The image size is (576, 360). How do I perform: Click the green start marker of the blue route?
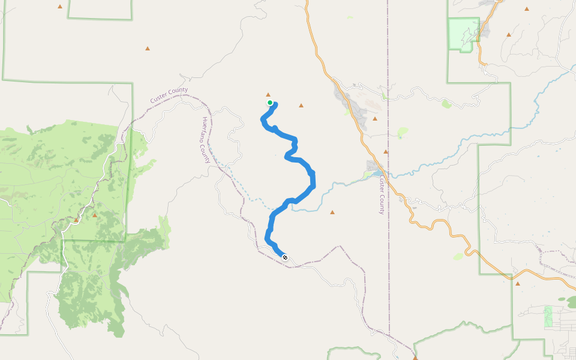click(x=270, y=103)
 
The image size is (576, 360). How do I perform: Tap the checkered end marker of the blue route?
click(x=285, y=257)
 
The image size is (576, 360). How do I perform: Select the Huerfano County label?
click(x=206, y=140)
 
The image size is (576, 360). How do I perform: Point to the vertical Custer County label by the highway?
click(x=381, y=195)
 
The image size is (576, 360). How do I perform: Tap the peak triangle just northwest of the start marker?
click(x=268, y=94)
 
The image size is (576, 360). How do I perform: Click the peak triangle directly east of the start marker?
click(x=301, y=106)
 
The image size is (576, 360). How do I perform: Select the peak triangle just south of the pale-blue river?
click(x=332, y=212)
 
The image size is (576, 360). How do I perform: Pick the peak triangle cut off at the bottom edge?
click(x=415, y=358)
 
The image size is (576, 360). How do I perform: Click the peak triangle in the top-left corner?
click(x=60, y=7)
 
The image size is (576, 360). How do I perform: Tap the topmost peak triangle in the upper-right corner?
click(x=527, y=9)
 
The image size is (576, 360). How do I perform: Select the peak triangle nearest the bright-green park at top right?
click(x=509, y=35)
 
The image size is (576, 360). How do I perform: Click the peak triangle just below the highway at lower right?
click(x=517, y=284)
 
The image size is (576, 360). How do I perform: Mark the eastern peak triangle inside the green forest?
click(x=95, y=214)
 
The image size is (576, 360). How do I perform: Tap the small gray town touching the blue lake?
click(x=373, y=166)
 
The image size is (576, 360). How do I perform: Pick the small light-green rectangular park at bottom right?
click(x=548, y=317)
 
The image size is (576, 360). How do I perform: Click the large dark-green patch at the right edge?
click(x=564, y=298)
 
